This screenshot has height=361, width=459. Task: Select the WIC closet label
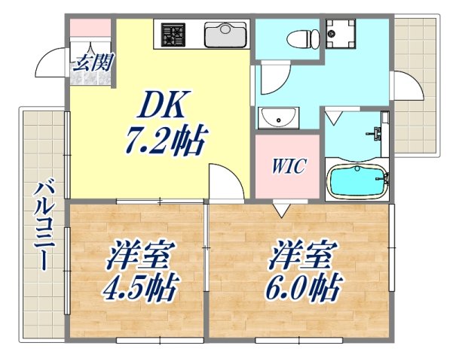coord(289,165)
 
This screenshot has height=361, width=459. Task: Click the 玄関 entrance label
coord(92,62)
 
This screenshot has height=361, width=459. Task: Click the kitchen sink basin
coord(225,33)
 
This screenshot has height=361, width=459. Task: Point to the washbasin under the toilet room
coord(277,118)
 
